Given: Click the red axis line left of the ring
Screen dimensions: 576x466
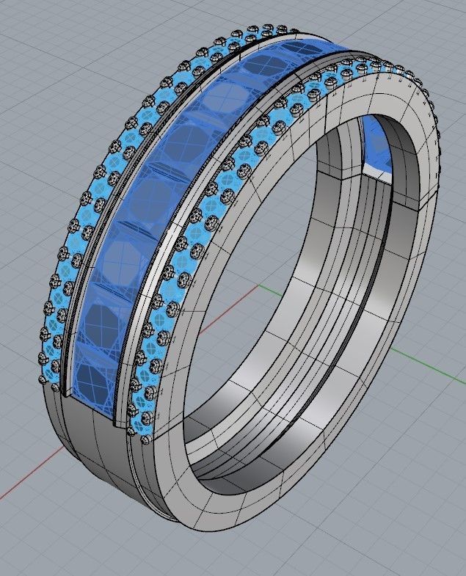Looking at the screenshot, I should (x=29, y=477).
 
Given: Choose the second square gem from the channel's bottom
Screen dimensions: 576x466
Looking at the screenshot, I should (x=103, y=320).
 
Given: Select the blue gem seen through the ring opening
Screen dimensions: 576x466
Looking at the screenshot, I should (x=378, y=143).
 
